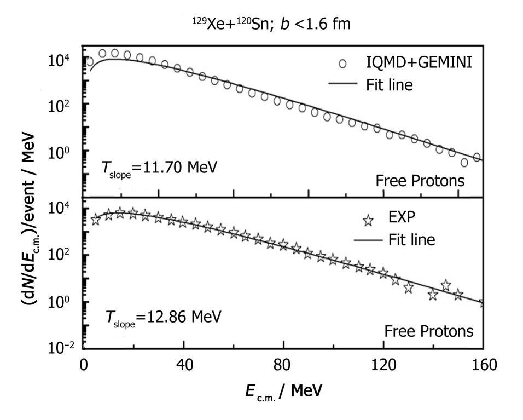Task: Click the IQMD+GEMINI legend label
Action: [x=419, y=64]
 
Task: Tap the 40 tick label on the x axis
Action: [x=183, y=366]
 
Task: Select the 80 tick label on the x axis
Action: [x=283, y=366]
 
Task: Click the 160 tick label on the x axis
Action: [x=483, y=366]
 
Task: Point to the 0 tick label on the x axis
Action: [x=84, y=366]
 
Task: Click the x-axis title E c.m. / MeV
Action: [x=284, y=391]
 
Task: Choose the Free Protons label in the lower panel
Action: [x=428, y=331]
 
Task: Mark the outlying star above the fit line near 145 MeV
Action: [x=446, y=285]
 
